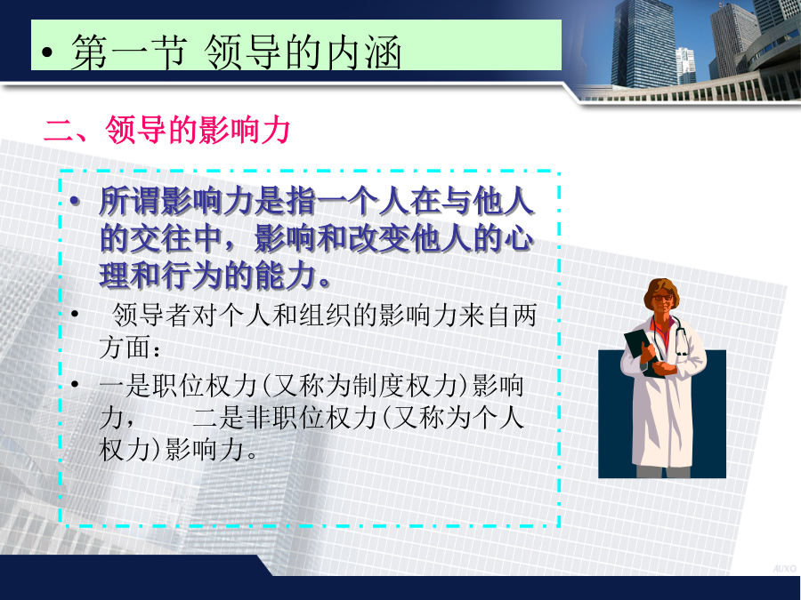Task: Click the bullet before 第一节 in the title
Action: [47, 52]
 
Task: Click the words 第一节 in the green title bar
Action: [128, 52]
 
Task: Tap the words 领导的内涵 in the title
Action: [302, 52]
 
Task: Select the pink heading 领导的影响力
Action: [198, 130]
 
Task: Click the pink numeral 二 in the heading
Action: [59, 131]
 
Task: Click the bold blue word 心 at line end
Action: [520, 239]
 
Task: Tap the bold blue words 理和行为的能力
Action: [214, 276]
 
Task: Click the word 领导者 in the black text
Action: [150, 315]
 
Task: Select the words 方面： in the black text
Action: [131, 348]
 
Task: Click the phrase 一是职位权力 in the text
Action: [178, 385]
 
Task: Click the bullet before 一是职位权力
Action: [75, 384]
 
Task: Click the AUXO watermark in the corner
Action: [785, 568]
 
